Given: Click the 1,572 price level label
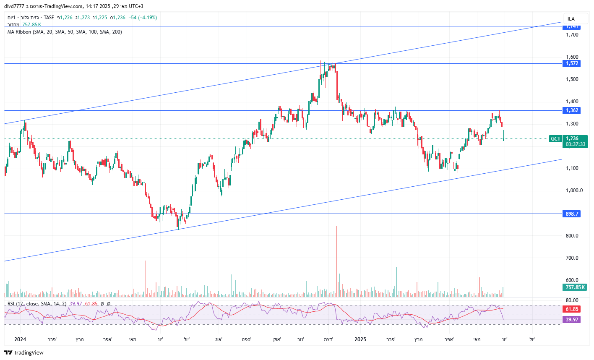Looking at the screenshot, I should pyautogui.click(x=572, y=63).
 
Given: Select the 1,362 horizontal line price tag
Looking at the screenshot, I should pyautogui.click(x=572, y=110).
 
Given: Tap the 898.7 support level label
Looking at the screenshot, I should pyautogui.click(x=572, y=214).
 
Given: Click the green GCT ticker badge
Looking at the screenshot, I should pyautogui.click(x=555, y=139).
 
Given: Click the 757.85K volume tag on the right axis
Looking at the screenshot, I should pyautogui.click(x=575, y=287).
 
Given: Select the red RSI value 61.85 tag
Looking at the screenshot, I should pyautogui.click(x=572, y=309).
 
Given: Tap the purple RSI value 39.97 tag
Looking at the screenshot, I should pyautogui.click(x=572, y=320).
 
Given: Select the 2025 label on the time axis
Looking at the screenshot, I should pyautogui.click(x=360, y=339).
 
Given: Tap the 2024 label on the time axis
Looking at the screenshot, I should pyautogui.click(x=20, y=339).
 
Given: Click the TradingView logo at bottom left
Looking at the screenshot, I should pyautogui.click(x=24, y=352).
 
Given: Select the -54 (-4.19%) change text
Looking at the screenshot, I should pyautogui.click(x=143, y=18).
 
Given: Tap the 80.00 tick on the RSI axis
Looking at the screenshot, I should pyautogui.click(x=572, y=300).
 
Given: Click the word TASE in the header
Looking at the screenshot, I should pyautogui.click(x=49, y=18).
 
